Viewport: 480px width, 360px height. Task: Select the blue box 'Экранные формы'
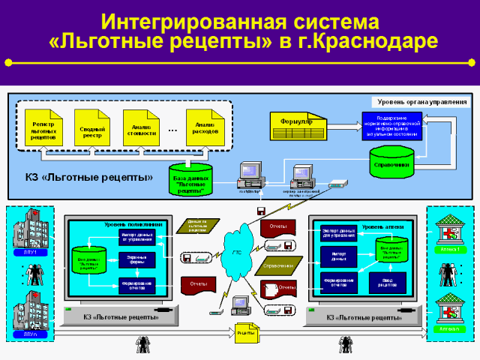click(x=136, y=259)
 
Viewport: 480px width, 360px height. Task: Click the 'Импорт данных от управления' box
click(x=136, y=238)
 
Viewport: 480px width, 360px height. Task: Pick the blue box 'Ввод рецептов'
click(x=388, y=281)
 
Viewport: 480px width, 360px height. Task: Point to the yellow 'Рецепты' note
click(x=246, y=332)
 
